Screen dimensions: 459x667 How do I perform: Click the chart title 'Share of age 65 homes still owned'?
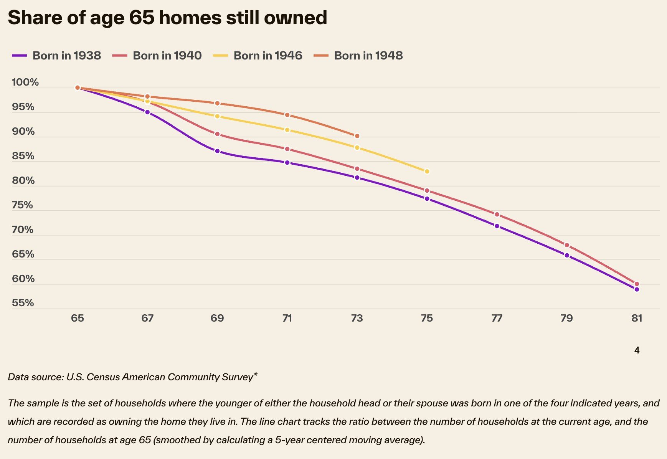pos(167,18)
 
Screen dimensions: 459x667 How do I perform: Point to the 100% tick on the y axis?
pos(25,82)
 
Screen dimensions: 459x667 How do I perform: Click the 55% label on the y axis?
pos(23,303)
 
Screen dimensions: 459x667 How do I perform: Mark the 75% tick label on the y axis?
pos(23,205)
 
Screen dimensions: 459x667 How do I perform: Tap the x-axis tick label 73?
pos(357,318)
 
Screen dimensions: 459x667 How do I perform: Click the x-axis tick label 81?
pos(637,318)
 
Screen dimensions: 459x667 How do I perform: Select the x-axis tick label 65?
pos(78,318)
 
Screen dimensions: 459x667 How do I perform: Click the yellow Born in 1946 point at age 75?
pos(427,172)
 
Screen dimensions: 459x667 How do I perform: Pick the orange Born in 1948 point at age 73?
pos(357,136)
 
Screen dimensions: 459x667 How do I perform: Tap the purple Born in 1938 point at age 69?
pos(217,151)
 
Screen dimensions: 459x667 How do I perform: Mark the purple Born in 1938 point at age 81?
pos(637,289)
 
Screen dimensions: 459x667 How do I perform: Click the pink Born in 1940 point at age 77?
pos(497,215)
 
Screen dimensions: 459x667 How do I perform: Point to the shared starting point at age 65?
pos(78,88)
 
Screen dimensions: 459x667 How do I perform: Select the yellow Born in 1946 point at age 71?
pos(287,130)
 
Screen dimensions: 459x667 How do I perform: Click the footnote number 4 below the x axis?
pos(637,350)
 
